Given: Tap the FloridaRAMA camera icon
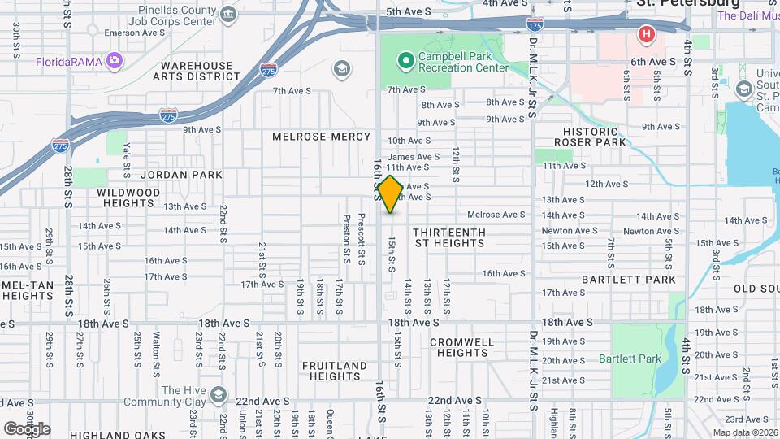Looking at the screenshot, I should pyautogui.click(x=115, y=60).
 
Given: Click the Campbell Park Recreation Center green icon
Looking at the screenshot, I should pyautogui.click(x=405, y=60).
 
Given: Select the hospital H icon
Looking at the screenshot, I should pyautogui.click(x=647, y=34).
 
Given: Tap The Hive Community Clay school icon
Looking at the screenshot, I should pyautogui.click(x=217, y=395).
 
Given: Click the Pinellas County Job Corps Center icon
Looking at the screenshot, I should pyautogui.click(x=228, y=15).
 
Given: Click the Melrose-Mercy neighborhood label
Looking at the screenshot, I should pyautogui.click(x=322, y=137).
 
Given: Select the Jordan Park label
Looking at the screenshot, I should pyautogui.click(x=175, y=174).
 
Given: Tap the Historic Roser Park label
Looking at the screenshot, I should pyautogui.click(x=591, y=137).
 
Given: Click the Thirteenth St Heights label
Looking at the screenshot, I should pyautogui.click(x=449, y=237).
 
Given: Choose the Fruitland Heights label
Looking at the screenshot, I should pyautogui.click(x=335, y=371).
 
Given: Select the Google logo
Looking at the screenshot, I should pyautogui.click(x=27, y=428).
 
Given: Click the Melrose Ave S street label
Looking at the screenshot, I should pyautogui.click(x=496, y=215).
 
